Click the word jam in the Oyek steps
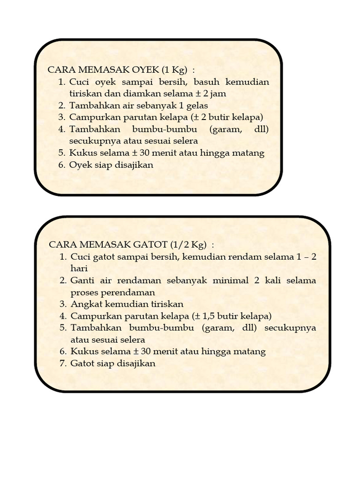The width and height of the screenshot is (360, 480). coord(218,94)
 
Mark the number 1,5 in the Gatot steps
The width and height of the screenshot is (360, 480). coord(210,316)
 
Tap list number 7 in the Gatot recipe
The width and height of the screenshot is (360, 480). coord(62,363)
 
